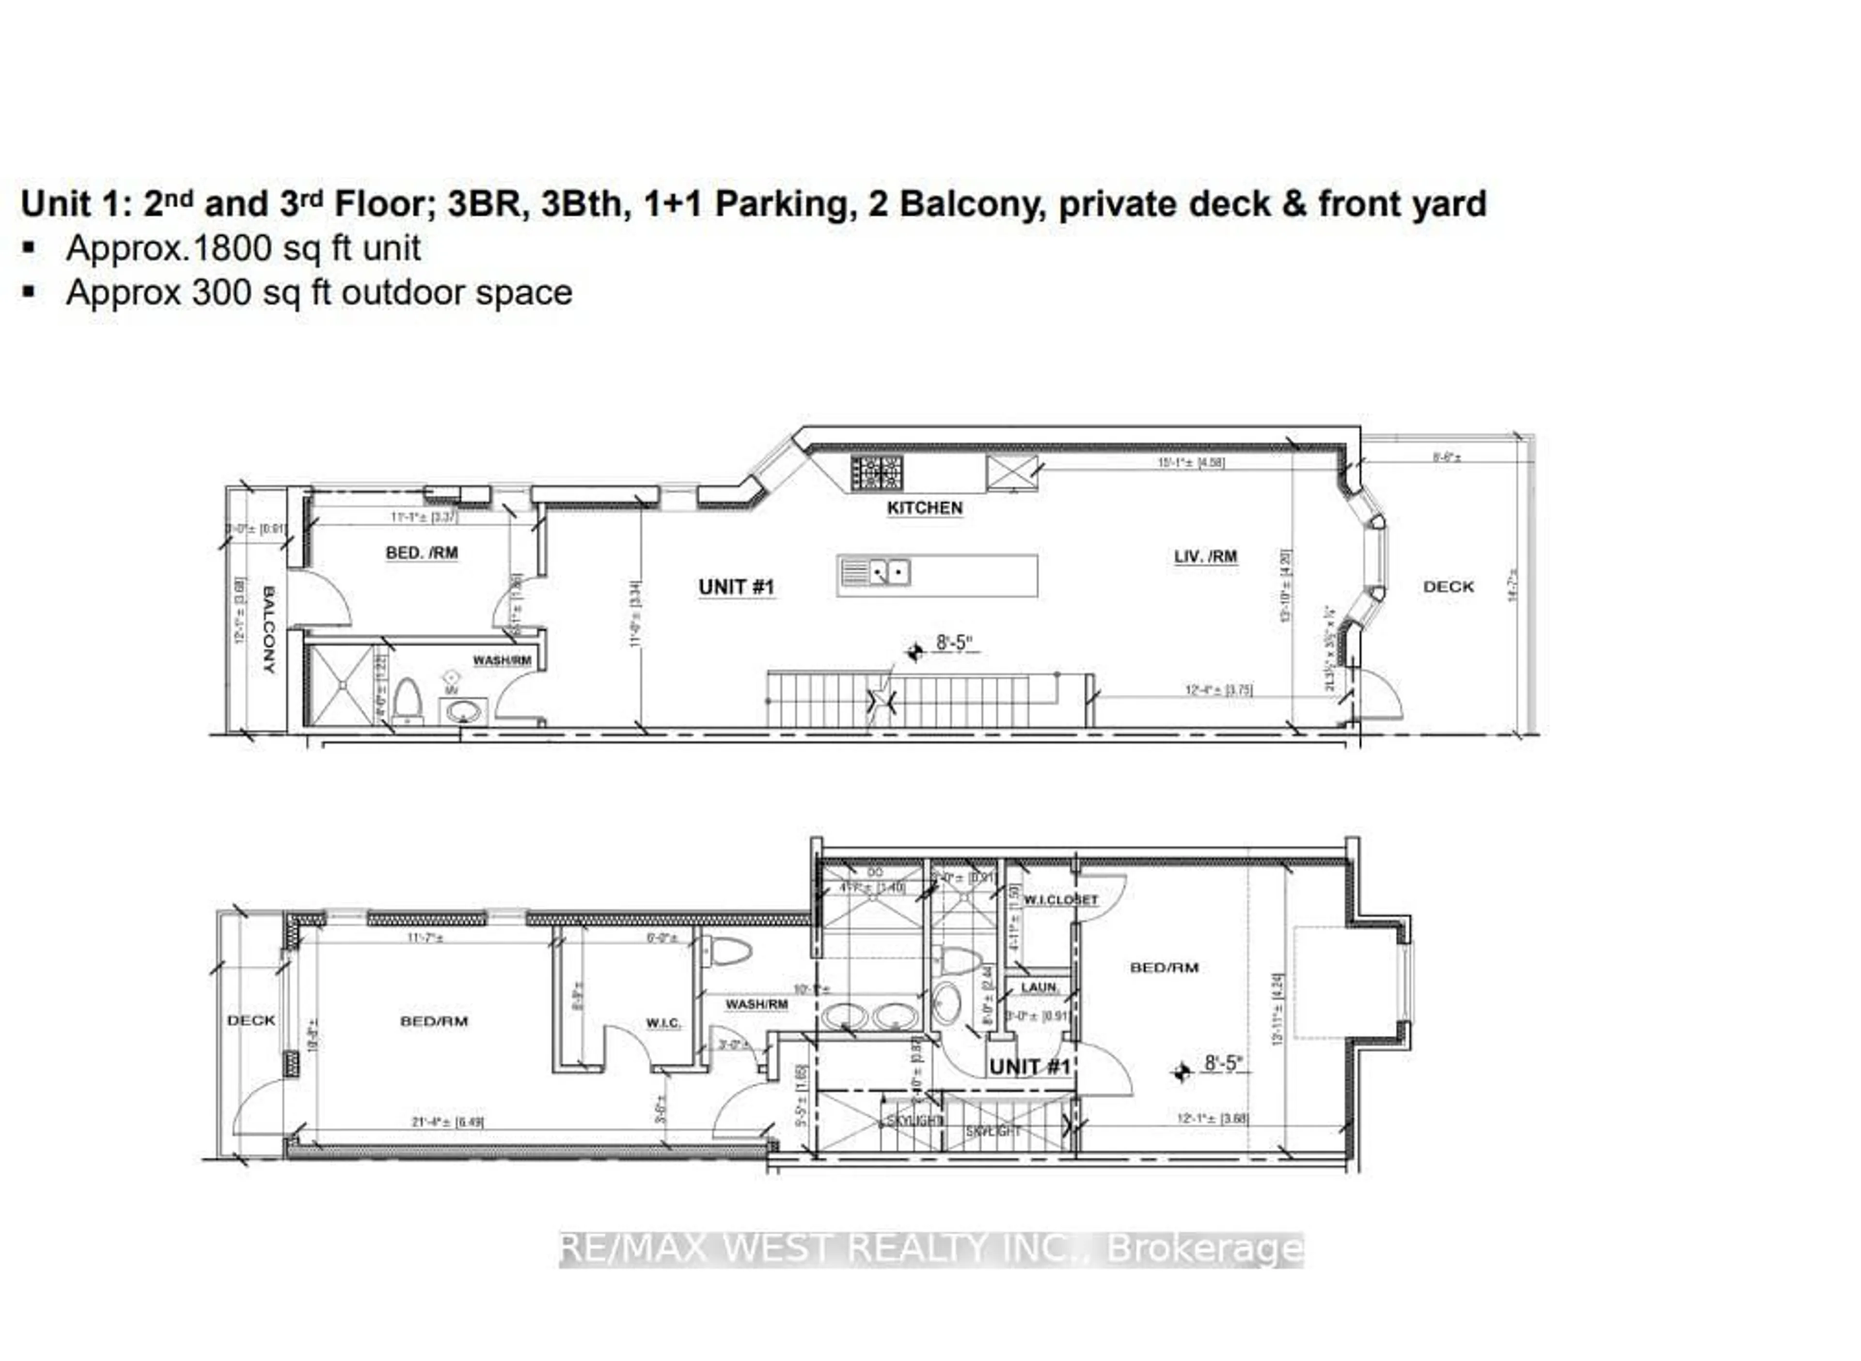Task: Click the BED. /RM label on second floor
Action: tap(421, 553)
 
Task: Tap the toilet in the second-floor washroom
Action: tap(407, 701)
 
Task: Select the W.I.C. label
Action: tap(662, 1023)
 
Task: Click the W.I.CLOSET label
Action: tap(1060, 900)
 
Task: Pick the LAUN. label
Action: tap(1039, 987)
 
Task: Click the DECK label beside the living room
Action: tap(1448, 587)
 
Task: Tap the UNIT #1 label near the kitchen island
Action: tap(736, 587)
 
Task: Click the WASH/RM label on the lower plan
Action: tap(756, 1004)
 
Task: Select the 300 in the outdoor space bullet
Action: tap(213, 293)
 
